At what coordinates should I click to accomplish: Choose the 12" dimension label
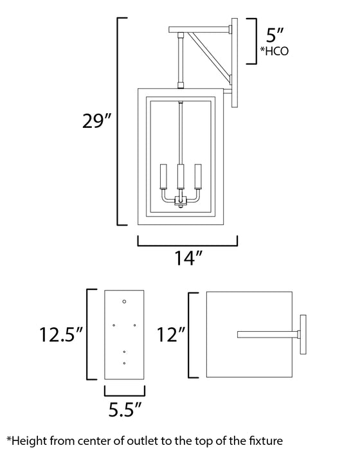point(170,334)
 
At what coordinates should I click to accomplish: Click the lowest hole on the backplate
point(125,363)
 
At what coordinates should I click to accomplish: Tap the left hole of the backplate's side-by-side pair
point(114,325)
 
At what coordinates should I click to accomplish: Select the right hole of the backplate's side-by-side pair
point(135,325)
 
